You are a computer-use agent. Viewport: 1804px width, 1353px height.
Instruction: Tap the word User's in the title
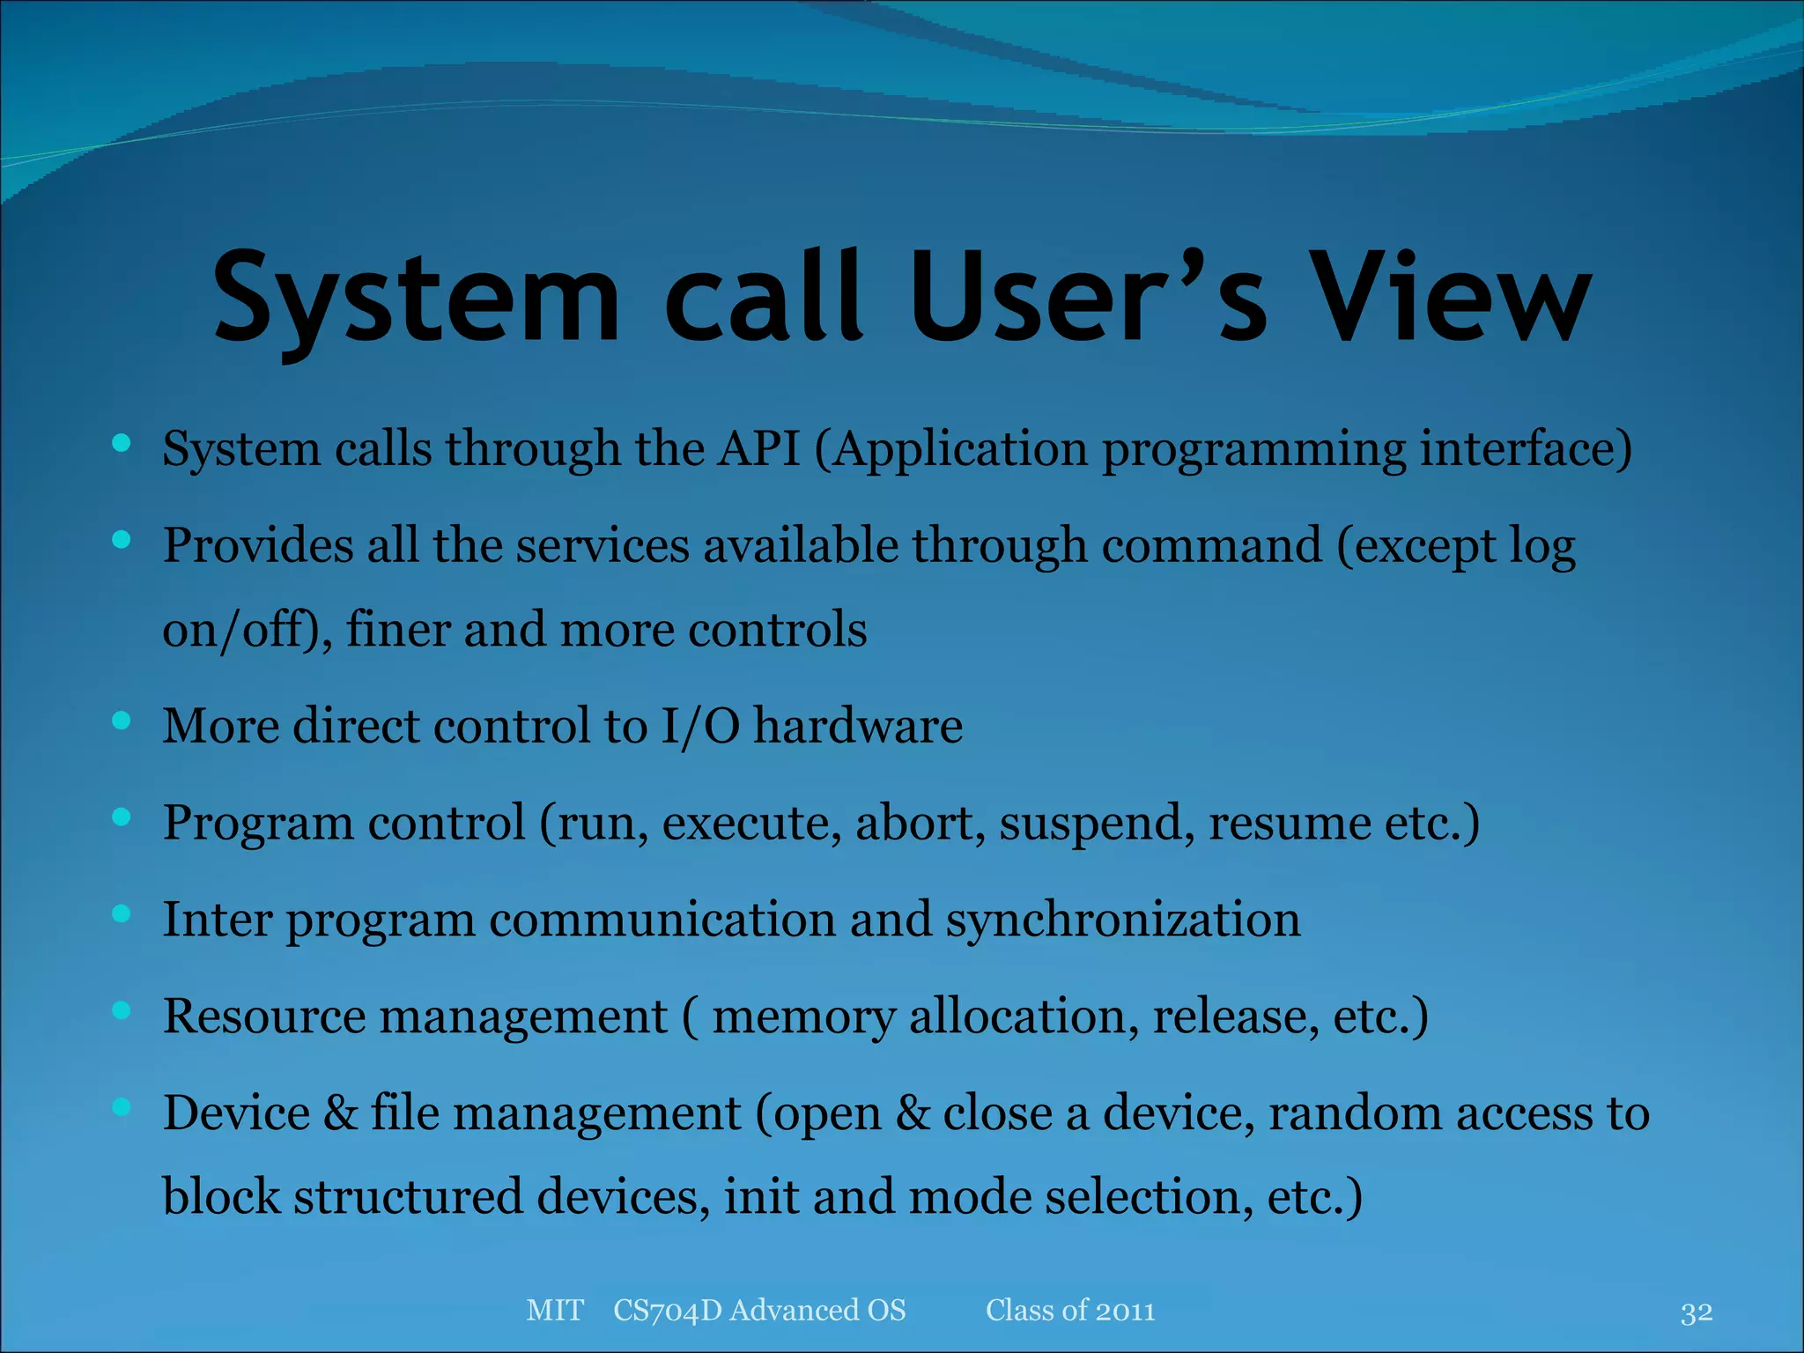tap(1087, 297)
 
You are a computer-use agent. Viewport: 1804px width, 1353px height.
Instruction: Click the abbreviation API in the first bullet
tap(758, 448)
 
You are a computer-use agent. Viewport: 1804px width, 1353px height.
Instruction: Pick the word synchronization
tap(1122, 921)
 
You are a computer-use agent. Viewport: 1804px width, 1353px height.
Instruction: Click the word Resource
tap(263, 1017)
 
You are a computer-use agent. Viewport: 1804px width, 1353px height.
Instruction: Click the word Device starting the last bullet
tap(236, 1113)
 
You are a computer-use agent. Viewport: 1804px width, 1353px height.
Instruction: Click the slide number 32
tap(1696, 1312)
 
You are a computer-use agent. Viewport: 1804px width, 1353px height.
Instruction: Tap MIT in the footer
tap(554, 1311)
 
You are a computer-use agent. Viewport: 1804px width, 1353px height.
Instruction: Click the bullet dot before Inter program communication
tap(122, 914)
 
